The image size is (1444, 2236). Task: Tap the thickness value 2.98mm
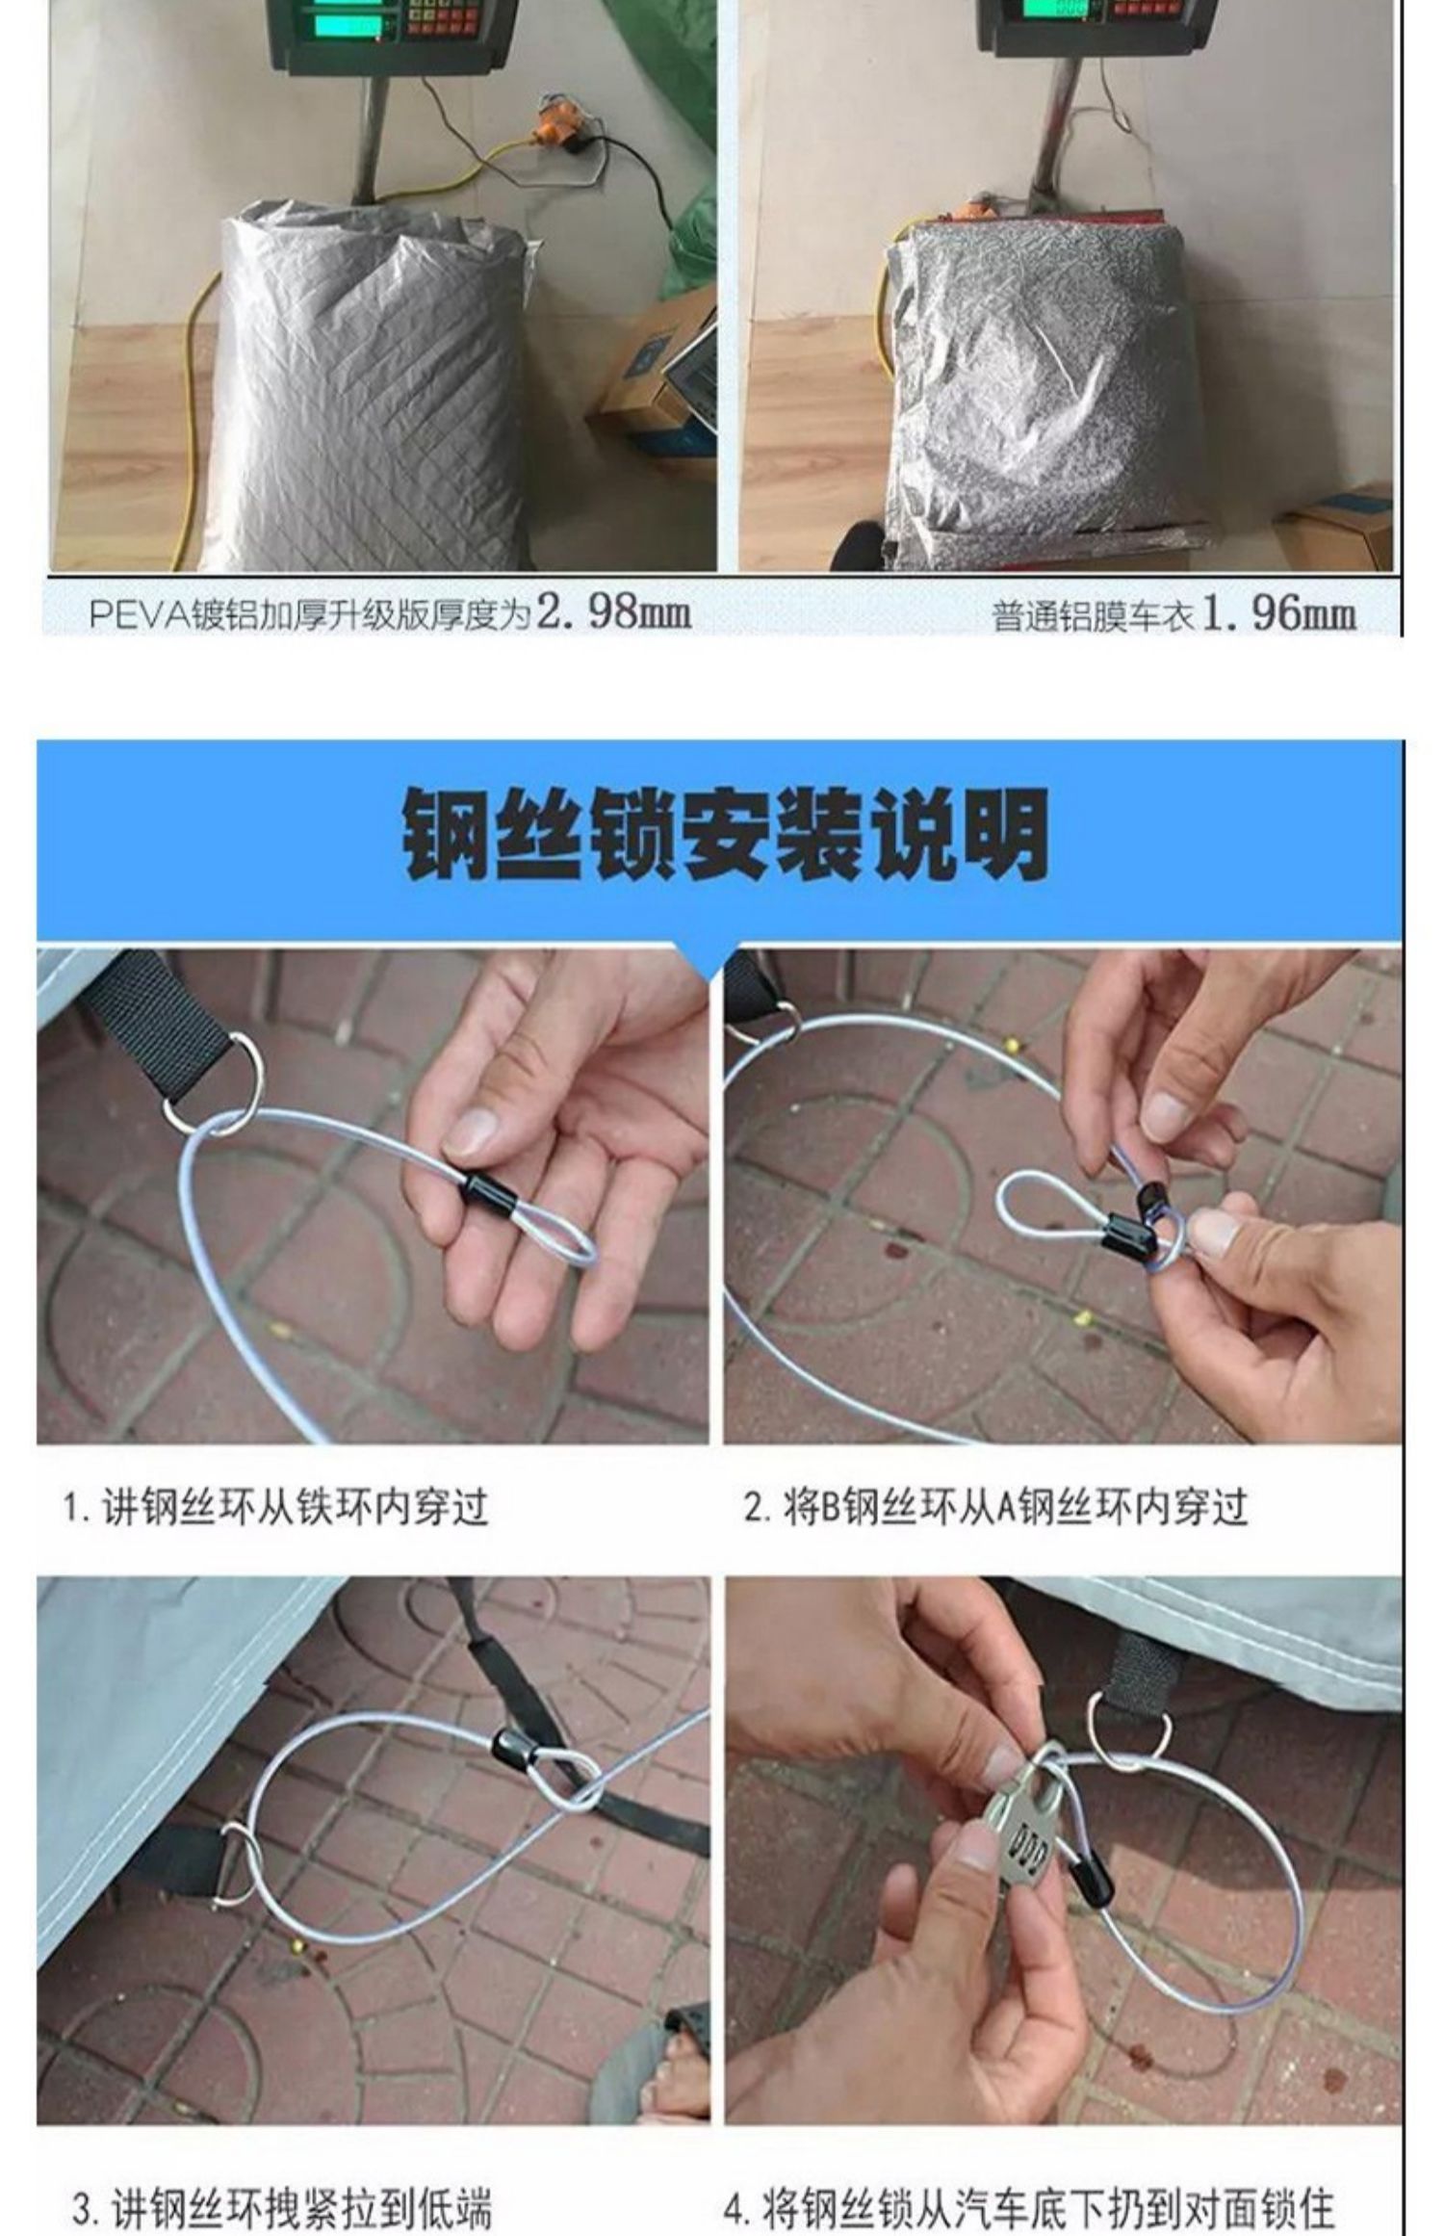pyautogui.click(x=613, y=612)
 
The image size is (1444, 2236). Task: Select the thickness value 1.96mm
pyautogui.click(x=1279, y=613)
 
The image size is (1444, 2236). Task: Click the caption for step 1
pyautogui.click(x=276, y=1507)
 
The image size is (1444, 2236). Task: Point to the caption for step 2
pyautogui.click(x=995, y=1507)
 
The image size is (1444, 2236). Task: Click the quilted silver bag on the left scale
pyautogui.click(x=370, y=385)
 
